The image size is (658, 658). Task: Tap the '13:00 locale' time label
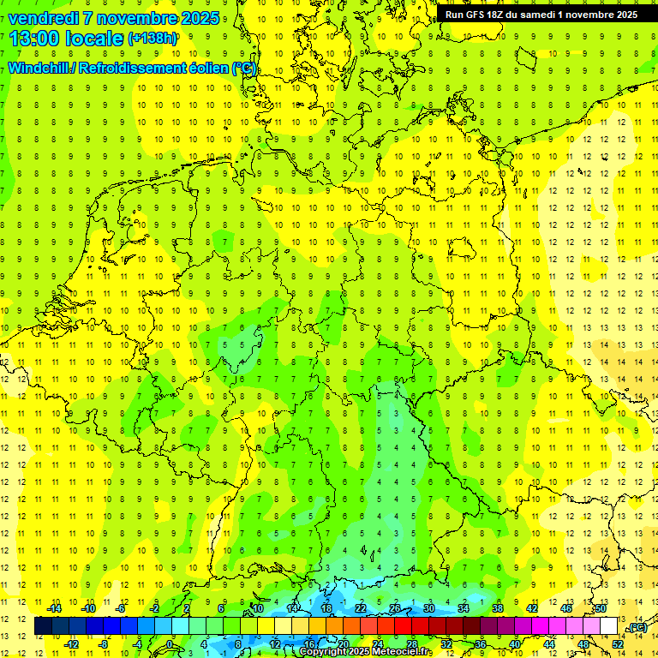coord(67,38)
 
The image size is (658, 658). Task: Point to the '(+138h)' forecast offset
coord(153,39)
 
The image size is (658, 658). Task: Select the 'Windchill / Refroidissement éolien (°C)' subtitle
coord(133,68)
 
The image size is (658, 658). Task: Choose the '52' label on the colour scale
coord(617,643)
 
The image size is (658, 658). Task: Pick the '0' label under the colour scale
coord(170,643)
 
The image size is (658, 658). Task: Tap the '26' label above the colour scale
coord(395,607)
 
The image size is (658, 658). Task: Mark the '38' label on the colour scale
coord(498,607)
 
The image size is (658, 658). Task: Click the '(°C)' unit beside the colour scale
coord(636,627)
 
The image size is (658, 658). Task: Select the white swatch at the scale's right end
coord(608,626)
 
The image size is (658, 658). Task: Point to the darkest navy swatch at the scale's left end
coord(43,626)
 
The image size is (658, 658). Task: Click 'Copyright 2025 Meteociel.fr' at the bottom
coord(365,652)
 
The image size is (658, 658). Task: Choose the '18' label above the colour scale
coord(326,607)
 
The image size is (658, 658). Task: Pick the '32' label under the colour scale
coord(446,643)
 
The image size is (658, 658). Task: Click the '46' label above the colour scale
coord(566,607)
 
